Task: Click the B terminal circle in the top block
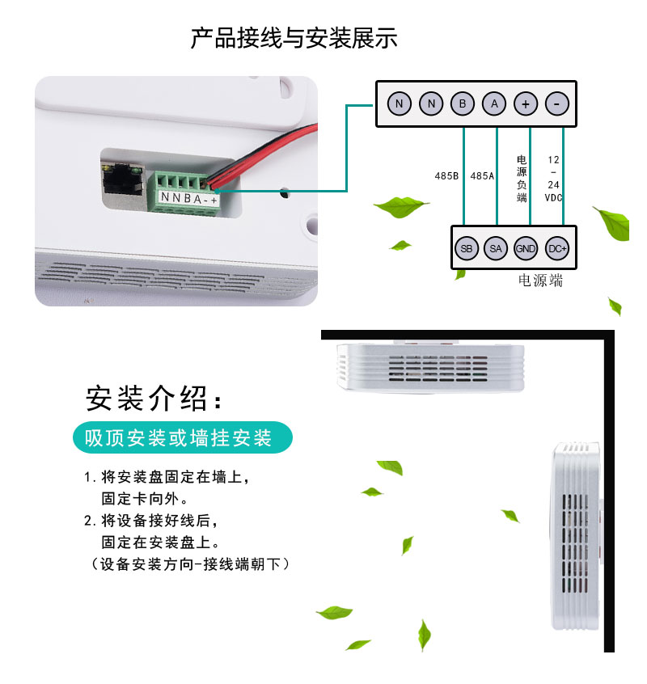click(x=463, y=103)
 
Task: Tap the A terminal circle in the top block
click(x=494, y=103)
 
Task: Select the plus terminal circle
click(x=525, y=103)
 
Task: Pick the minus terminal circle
click(x=556, y=103)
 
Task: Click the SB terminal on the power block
click(x=467, y=249)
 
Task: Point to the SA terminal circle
click(x=496, y=249)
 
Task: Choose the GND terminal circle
click(x=525, y=249)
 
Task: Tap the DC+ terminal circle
click(x=557, y=249)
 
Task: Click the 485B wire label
click(x=446, y=175)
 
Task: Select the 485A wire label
click(x=482, y=175)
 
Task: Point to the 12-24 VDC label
click(x=553, y=179)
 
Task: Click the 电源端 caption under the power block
click(x=540, y=280)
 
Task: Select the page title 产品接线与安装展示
click(x=294, y=37)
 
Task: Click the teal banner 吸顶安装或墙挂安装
click(x=182, y=437)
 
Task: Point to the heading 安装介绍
click(x=154, y=399)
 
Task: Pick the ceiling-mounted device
click(x=430, y=366)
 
